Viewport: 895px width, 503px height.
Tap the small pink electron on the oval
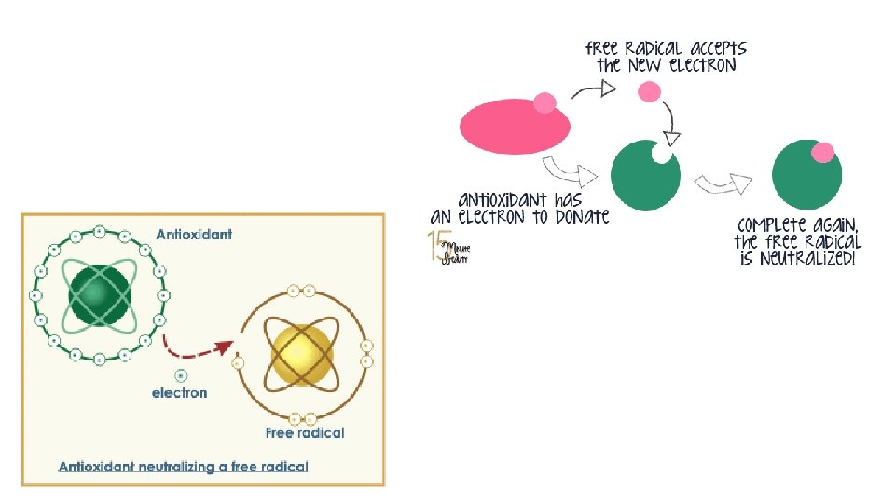click(544, 103)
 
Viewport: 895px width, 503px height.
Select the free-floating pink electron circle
click(649, 91)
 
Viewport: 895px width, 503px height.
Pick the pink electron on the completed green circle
click(822, 152)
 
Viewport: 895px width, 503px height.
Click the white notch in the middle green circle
click(662, 154)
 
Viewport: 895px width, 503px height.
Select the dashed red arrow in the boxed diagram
click(198, 348)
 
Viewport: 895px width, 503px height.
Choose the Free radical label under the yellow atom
click(305, 432)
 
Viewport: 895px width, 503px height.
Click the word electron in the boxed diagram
click(180, 393)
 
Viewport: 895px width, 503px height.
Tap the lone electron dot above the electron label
click(180, 375)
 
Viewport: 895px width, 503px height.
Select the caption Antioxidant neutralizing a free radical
click(183, 466)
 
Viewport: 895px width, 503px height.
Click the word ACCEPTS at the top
click(712, 48)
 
